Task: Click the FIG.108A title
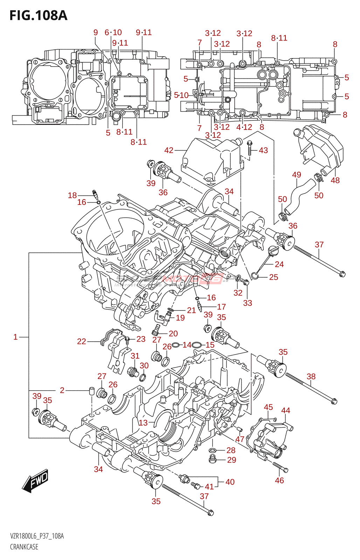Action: pyautogui.click(x=38, y=15)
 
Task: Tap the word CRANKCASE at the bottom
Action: pyautogui.click(x=24, y=547)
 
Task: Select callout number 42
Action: pyautogui.click(x=169, y=150)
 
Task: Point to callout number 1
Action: pyautogui.click(x=15, y=337)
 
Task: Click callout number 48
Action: pyautogui.click(x=335, y=180)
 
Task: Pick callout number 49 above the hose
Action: pyautogui.click(x=297, y=175)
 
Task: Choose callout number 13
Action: pyautogui.click(x=143, y=423)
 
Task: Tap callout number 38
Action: pyautogui.click(x=311, y=376)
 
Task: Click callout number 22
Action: pyautogui.click(x=82, y=341)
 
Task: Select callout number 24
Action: pyautogui.click(x=279, y=264)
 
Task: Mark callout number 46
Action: pyautogui.click(x=279, y=481)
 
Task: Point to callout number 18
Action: pyautogui.click(x=72, y=195)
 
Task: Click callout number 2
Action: pyautogui.click(x=62, y=390)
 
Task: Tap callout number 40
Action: pyautogui.click(x=230, y=482)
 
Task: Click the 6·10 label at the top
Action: pyautogui.click(x=113, y=33)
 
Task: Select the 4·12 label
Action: pyautogui.click(x=244, y=127)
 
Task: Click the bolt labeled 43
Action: pyautogui.click(x=249, y=148)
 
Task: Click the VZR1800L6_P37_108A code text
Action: pyautogui.click(x=37, y=536)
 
